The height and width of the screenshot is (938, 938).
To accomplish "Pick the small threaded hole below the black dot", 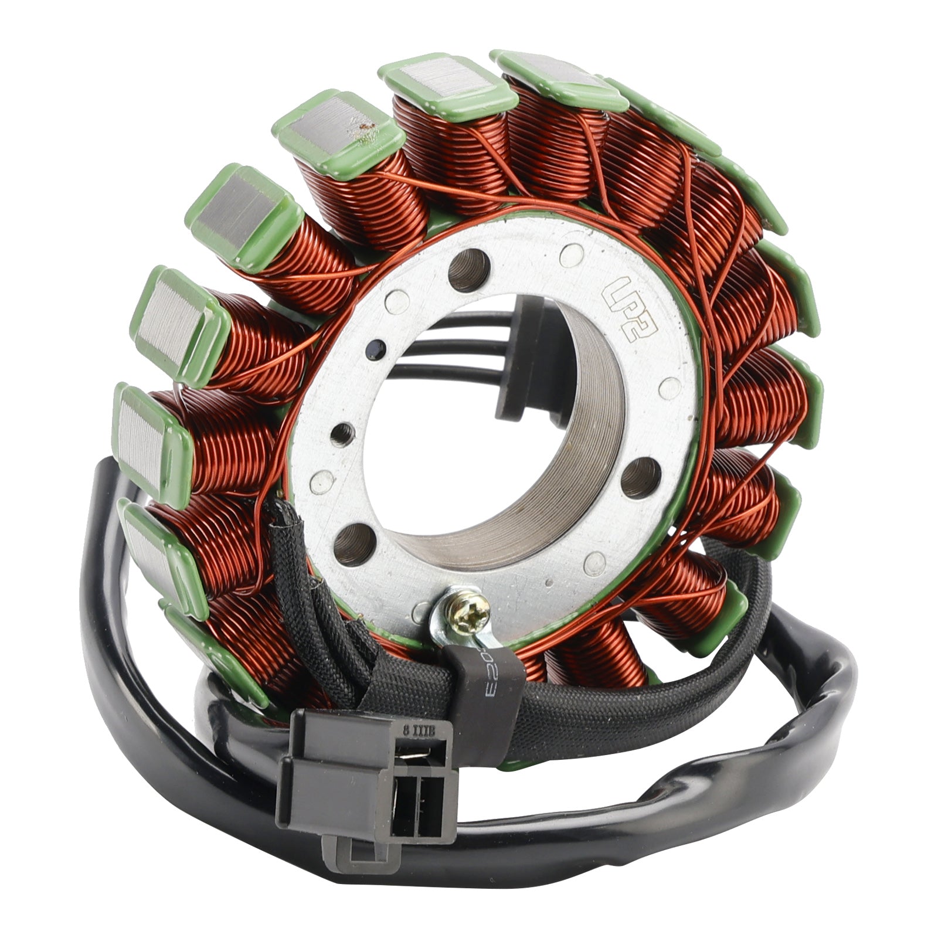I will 339,434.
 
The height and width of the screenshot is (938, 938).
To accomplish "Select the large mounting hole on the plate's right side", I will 640,477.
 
